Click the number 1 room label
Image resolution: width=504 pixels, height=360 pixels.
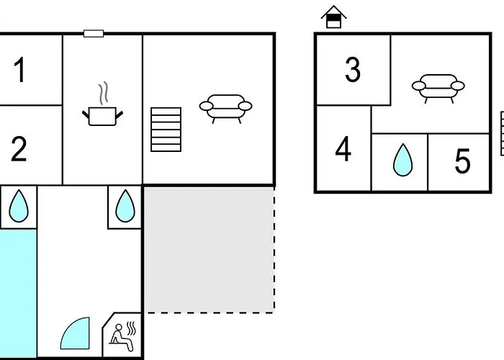(x=19, y=71)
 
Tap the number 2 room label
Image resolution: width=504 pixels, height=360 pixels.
(x=19, y=148)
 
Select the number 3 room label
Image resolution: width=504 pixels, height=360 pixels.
(x=352, y=70)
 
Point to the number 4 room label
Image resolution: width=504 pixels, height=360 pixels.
(x=343, y=150)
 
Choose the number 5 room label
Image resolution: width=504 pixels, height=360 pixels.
(x=462, y=161)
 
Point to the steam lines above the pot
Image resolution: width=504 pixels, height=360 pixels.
(x=104, y=92)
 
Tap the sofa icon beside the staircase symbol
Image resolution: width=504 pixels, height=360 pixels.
(x=225, y=108)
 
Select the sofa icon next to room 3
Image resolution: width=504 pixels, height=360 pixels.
(x=438, y=88)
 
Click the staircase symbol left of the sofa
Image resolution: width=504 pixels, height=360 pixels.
(x=166, y=130)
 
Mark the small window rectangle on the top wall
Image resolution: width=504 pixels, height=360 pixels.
(x=94, y=33)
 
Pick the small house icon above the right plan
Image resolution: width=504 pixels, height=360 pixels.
(x=333, y=17)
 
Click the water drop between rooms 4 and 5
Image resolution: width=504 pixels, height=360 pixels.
(x=401, y=161)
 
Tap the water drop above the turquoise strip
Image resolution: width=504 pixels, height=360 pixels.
(x=17, y=207)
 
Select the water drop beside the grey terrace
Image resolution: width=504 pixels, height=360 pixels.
(x=125, y=205)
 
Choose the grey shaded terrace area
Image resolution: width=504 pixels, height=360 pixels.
(x=209, y=248)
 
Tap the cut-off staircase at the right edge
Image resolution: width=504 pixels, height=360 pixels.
(x=501, y=133)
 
